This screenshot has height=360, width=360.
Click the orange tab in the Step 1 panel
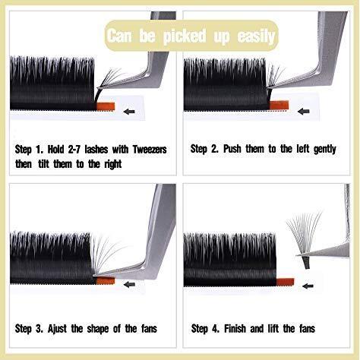pos(106,106)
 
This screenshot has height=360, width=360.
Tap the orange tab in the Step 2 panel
pos(279,105)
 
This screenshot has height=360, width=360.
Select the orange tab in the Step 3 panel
pos(106,280)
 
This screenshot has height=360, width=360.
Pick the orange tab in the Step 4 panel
pos(285,282)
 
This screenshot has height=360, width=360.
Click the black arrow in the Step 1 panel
pos(129,112)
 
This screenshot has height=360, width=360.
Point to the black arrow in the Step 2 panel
pos(304,111)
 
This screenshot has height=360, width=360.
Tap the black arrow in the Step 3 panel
pos(129,285)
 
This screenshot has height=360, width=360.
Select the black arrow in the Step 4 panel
pos(308,286)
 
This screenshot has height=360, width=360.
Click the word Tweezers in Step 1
pos(150,150)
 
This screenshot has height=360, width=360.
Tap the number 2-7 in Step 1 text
pos(74,150)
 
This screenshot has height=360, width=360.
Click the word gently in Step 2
pos(325,150)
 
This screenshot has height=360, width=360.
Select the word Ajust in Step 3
pos(57,329)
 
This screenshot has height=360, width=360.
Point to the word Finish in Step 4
pos(235,329)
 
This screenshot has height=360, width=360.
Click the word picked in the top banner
pos(185,36)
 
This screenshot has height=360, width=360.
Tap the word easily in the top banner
pos(256,36)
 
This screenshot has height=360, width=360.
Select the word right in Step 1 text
pos(113,165)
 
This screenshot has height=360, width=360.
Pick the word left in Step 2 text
pos(303,149)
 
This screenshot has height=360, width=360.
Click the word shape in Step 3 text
pos(98,330)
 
